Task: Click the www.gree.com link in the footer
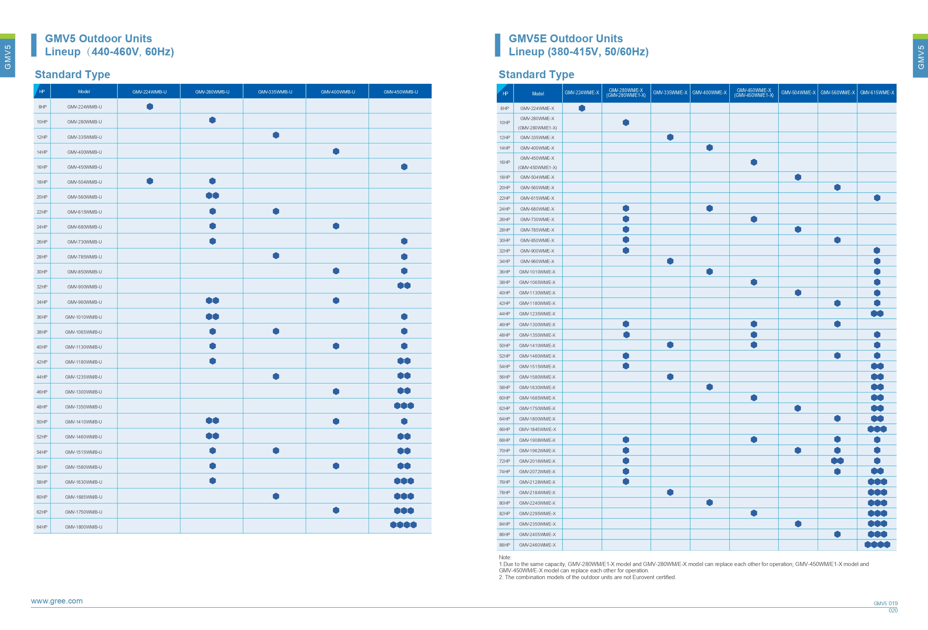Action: tap(57, 601)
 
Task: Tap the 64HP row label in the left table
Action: tap(42, 527)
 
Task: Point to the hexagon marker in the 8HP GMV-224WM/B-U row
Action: tap(150, 106)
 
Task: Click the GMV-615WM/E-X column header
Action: tap(877, 93)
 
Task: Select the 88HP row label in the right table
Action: tap(504, 545)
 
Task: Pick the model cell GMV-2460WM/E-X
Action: tap(537, 545)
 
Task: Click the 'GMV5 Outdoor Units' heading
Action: tap(98, 39)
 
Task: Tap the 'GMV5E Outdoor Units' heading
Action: tap(566, 39)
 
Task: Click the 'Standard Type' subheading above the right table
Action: tap(536, 74)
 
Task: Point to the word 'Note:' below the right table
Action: tap(505, 557)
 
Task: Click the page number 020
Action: tap(893, 611)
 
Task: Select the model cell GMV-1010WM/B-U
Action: tap(83, 317)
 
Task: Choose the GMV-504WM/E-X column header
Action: tap(798, 93)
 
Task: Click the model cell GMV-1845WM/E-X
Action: tap(537, 429)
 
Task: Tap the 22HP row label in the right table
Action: tap(504, 198)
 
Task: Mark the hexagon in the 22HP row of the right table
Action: tap(877, 198)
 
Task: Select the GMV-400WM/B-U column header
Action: tap(338, 92)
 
